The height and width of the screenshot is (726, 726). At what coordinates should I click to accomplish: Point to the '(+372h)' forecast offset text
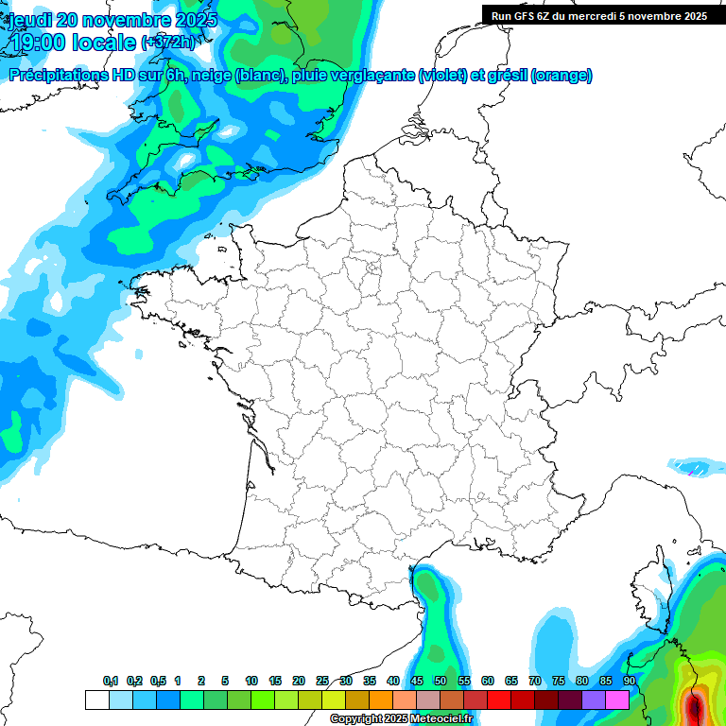click(x=167, y=42)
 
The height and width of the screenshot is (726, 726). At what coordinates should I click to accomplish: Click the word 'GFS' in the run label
click(x=523, y=16)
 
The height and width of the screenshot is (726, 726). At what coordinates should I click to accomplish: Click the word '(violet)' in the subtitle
click(x=441, y=76)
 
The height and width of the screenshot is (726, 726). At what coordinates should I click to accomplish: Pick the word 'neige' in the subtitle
click(x=211, y=76)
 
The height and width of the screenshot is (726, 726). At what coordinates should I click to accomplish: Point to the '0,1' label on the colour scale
click(x=111, y=681)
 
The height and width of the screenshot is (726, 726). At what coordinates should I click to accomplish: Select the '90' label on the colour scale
click(x=629, y=681)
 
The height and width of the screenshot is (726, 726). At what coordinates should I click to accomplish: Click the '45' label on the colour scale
click(x=417, y=681)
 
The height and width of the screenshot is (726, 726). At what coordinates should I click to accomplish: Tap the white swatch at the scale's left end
click(x=96, y=700)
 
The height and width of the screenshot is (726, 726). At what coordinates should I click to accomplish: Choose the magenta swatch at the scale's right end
click(x=617, y=700)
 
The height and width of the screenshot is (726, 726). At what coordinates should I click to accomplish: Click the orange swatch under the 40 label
click(x=380, y=700)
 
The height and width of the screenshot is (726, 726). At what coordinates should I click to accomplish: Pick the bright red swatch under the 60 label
click(x=499, y=700)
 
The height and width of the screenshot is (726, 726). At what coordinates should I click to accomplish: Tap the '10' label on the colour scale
click(x=251, y=681)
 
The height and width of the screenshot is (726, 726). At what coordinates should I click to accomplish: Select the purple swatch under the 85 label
click(x=594, y=700)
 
